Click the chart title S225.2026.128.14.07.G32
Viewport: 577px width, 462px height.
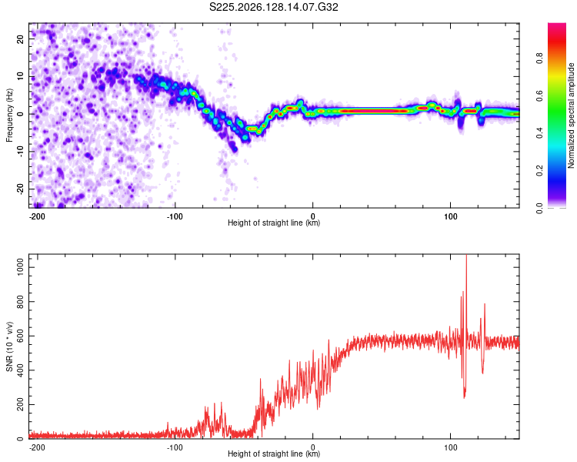273,7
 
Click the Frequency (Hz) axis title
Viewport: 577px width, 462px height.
9,115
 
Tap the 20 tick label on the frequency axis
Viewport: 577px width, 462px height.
21,39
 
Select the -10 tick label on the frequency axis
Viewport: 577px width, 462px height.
21,151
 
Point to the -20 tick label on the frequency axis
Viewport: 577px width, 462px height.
21,189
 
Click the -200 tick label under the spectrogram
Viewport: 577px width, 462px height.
36,216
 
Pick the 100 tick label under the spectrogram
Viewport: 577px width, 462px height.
450,216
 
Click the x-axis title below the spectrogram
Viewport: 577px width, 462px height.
274,223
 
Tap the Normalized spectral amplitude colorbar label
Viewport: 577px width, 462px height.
571,115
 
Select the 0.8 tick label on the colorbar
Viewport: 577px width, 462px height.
539,59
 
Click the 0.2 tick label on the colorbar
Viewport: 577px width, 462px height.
539,171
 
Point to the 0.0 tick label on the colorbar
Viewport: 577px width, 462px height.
539,208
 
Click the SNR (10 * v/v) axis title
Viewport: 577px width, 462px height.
9,346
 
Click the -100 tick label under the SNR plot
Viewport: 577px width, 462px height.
175,447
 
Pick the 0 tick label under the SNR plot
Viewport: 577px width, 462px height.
313,447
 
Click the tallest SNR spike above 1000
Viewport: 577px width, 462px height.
467,256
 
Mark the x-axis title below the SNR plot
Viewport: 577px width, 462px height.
274,454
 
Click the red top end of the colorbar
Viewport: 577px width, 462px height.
557,25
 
